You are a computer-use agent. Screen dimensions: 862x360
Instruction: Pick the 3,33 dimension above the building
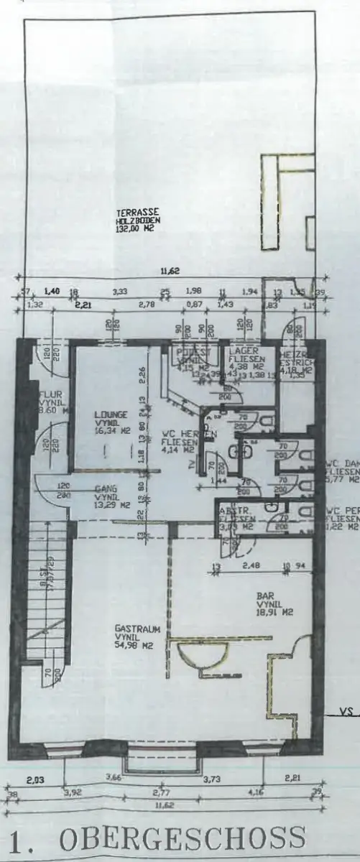tap(121, 291)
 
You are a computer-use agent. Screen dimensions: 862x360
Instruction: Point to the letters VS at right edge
tap(349, 713)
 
